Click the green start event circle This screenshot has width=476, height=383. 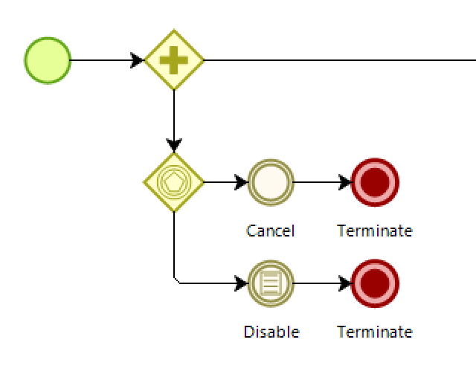48,60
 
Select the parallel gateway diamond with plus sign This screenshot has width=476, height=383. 174,59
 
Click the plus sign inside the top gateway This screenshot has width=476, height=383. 174,60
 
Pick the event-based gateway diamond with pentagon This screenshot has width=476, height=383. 174,182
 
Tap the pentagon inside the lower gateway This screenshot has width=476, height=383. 174,182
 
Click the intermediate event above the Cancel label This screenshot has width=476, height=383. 271,182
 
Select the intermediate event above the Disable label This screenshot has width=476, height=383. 271,283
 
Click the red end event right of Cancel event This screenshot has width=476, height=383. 375,182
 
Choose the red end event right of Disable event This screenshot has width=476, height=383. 375,283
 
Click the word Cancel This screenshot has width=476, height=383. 271,231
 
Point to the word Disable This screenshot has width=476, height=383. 271,332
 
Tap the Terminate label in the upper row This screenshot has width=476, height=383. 375,231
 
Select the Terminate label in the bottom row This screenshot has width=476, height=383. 375,332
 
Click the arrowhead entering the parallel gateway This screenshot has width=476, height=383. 137,60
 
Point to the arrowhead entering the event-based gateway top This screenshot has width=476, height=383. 174,145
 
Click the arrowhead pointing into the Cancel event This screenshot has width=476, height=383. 242,182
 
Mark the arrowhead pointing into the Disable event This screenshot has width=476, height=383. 242,283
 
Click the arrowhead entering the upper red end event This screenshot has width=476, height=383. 345,182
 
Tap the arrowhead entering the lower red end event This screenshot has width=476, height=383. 345,283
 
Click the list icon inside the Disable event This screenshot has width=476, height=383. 271,283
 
